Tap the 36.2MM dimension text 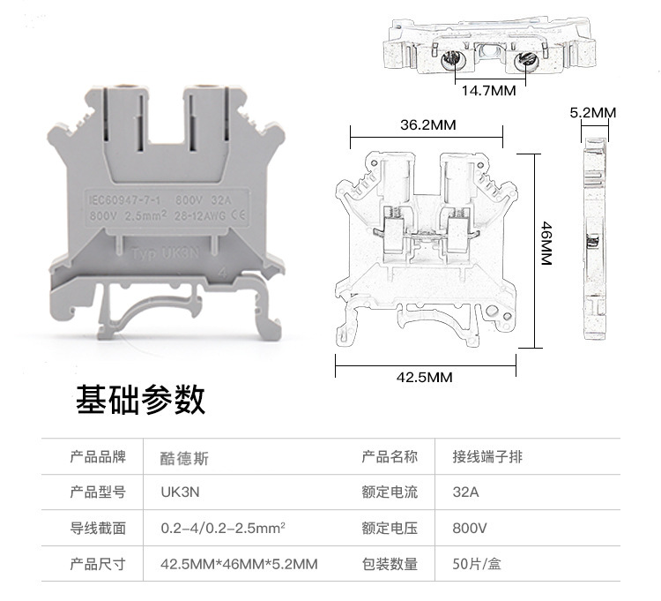[427, 124]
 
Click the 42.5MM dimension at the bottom [424, 377]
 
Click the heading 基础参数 [140, 399]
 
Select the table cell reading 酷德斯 [185, 458]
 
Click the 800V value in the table [469, 528]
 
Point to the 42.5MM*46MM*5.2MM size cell [239, 563]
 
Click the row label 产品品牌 [98, 457]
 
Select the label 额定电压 [389, 528]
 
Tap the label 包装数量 [389, 563]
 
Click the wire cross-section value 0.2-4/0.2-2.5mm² [222, 528]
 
